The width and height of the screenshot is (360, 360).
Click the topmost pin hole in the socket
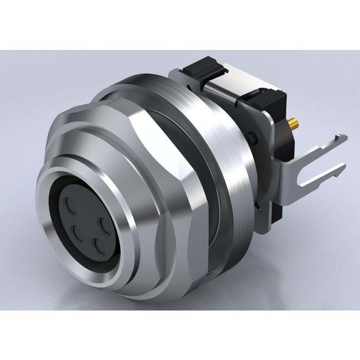(71, 207)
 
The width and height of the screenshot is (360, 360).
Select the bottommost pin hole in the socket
(97, 245)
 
